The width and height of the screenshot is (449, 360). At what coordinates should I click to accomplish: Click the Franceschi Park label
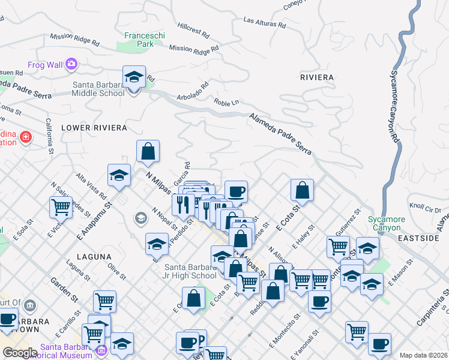(144, 40)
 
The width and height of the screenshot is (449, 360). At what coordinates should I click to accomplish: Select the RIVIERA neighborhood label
(317, 77)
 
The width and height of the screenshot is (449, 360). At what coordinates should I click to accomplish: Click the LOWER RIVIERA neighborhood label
(94, 128)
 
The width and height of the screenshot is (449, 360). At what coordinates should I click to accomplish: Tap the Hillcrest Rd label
(193, 28)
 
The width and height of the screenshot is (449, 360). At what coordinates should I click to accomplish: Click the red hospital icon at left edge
(26, 137)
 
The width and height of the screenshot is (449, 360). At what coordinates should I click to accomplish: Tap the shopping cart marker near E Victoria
(61, 207)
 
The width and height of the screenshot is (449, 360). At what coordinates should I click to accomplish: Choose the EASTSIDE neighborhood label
(418, 238)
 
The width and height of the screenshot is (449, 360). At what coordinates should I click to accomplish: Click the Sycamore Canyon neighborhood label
(388, 223)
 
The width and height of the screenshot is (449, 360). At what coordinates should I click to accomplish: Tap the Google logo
(20, 353)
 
